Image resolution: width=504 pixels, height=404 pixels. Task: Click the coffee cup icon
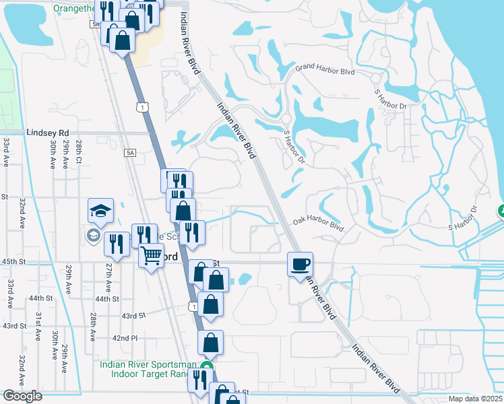tap(300, 263)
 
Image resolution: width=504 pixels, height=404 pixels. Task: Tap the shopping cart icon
tap(151, 256)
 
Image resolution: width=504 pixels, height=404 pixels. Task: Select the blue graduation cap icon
tap(100, 211)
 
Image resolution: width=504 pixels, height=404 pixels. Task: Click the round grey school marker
tap(93, 236)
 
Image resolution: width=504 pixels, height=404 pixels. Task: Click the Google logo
tap(22, 396)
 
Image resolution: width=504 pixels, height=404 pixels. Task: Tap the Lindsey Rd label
tap(48, 133)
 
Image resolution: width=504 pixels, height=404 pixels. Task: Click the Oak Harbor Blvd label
tap(319, 224)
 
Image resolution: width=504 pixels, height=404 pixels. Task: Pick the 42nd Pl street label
tap(125, 337)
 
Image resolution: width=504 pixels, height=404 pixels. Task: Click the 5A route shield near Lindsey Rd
tap(130, 154)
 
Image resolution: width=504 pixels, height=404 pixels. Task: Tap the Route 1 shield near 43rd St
tap(193, 307)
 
